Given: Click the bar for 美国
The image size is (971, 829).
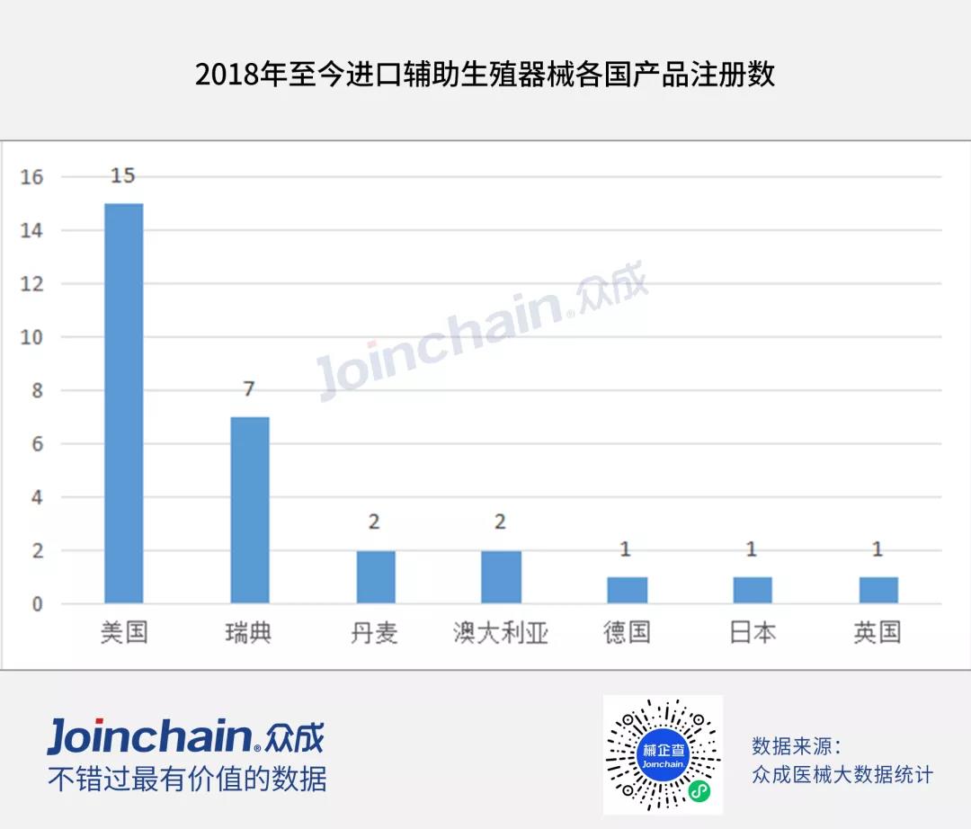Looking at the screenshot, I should [x=124, y=403].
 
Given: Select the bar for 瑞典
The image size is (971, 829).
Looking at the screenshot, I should [x=249, y=510].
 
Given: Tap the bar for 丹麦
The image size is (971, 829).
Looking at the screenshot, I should [x=375, y=576].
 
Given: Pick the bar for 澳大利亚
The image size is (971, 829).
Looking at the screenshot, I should [x=501, y=576].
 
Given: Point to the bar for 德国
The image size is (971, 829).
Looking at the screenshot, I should [x=627, y=590].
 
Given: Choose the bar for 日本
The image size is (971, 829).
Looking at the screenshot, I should [x=753, y=590].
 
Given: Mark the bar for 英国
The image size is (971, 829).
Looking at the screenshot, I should [x=877, y=590].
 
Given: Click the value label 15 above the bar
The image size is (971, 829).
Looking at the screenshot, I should [x=123, y=176].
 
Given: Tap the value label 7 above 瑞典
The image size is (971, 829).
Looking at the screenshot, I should [x=249, y=389].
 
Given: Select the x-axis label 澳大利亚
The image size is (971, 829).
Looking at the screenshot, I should [x=501, y=633].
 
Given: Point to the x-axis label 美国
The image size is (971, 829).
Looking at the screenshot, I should [x=124, y=633].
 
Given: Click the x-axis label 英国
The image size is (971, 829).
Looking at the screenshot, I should [x=877, y=633].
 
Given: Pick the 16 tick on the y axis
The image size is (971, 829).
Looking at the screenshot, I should [x=32, y=178].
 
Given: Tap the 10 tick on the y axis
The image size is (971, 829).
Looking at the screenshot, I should [x=32, y=338].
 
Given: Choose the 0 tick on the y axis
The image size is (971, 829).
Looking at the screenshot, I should [x=37, y=604].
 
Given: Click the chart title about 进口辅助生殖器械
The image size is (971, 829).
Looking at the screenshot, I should [x=485, y=75].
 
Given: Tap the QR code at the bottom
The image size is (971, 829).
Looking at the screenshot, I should [x=663, y=754].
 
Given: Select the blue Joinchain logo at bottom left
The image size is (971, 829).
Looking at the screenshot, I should [x=185, y=736].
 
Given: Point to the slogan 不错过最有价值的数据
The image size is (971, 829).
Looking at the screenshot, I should [x=187, y=779].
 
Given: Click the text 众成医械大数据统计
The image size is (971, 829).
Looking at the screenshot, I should [x=842, y=774].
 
